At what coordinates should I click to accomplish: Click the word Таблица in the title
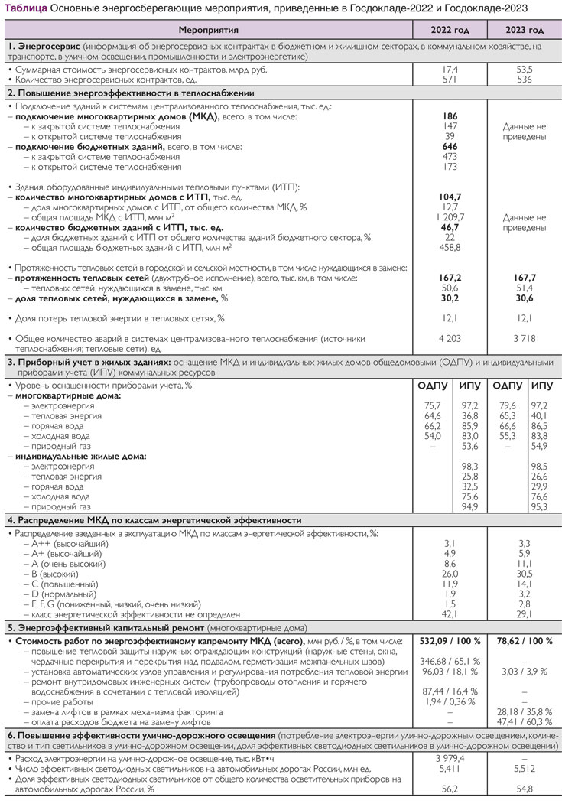(26, 8)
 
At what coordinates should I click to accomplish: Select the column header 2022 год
(450, 31)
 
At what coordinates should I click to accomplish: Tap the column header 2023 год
(525, 31)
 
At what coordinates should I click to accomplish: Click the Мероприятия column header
(207, 31)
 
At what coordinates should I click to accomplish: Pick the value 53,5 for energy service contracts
(525, 69)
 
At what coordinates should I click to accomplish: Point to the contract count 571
(450, 79)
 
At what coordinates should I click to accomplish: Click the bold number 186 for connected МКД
(450, 116)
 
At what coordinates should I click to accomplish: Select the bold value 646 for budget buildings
(450, 145)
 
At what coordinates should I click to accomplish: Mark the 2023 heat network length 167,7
(525, 278)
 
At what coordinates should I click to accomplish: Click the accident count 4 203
(450, 337)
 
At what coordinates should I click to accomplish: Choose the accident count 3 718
(525, 337)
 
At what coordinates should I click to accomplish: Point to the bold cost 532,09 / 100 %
(450, 639)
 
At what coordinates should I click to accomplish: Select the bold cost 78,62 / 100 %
(525, 639)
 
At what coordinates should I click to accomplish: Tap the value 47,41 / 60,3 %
(525, 721)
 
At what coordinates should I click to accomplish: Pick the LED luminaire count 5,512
(525, 767)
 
